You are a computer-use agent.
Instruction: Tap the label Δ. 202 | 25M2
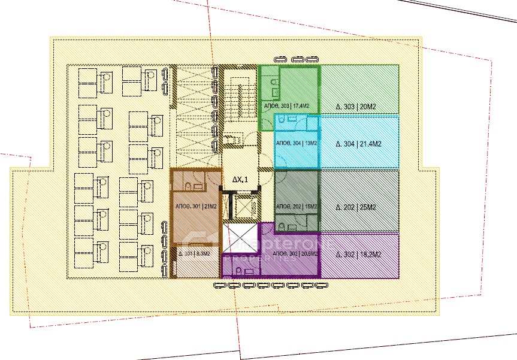click(x=355, y=207)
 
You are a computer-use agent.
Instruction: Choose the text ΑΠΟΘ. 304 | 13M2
click(x=296, y=144)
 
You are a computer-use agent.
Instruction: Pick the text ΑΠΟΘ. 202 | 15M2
click(x=296, y=207)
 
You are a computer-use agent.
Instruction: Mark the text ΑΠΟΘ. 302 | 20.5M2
click(x=295, y=254)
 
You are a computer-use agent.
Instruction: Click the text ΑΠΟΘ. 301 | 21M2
click(x=195, y=207)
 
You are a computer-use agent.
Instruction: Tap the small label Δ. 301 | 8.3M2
click(x=194, y=254)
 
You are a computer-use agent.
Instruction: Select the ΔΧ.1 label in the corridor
click(x=240, y=179)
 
